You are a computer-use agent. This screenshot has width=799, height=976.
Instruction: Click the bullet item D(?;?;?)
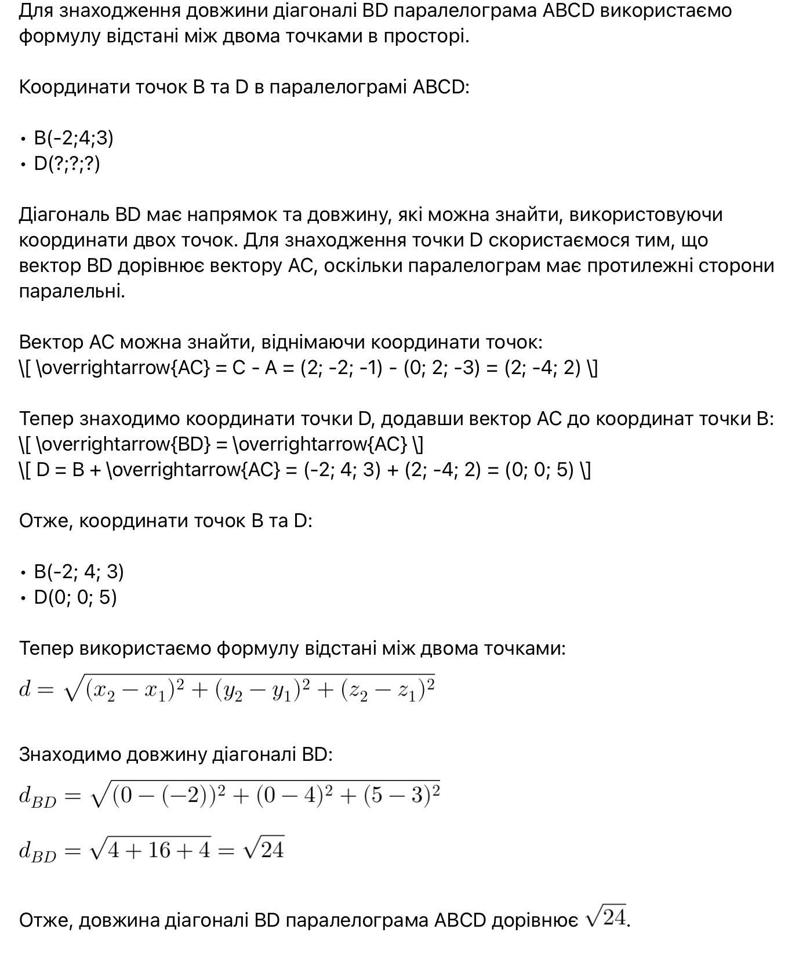click(x=67, y=164)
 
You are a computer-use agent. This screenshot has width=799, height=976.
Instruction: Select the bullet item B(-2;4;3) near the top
click(x=74, y=138)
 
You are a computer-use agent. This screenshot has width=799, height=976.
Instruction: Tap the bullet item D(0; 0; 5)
click(x=75, y=597)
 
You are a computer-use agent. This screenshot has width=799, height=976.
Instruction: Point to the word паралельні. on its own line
click(x=72, y=291)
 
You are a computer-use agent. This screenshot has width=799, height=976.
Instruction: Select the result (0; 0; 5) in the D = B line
click(x=539, y=470)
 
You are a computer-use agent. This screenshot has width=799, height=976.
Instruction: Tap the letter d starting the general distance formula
click(x=24, y=689)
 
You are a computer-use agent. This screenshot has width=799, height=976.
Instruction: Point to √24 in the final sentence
click(x=606, y=917)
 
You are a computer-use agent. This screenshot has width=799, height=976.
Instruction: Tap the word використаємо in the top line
click(x=666, y=10)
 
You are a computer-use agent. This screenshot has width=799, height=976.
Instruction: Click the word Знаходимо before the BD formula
click(x=70, y=754)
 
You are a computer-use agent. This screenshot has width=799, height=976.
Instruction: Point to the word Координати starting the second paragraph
click(x=74, y=87)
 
